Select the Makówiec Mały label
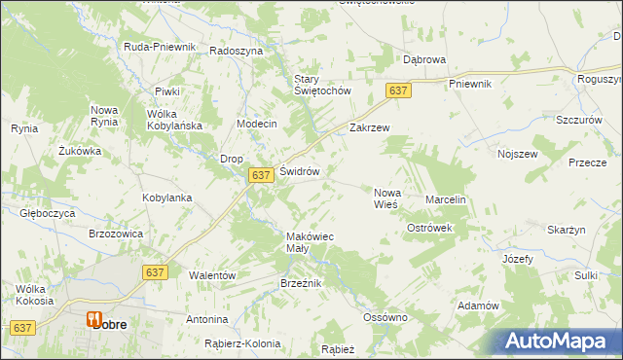click(x=310, y=241)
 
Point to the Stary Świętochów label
click(x=321, y=85)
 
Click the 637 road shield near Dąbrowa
click(x=397, y=90)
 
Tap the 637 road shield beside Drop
click(x=259, y=175)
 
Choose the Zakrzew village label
click(x=369, y=127)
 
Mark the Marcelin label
click(x=447, y=199)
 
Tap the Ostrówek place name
click(x=429, y=228)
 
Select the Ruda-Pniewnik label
click(x=160, y=47)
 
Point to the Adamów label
click(x=477, y=306)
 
